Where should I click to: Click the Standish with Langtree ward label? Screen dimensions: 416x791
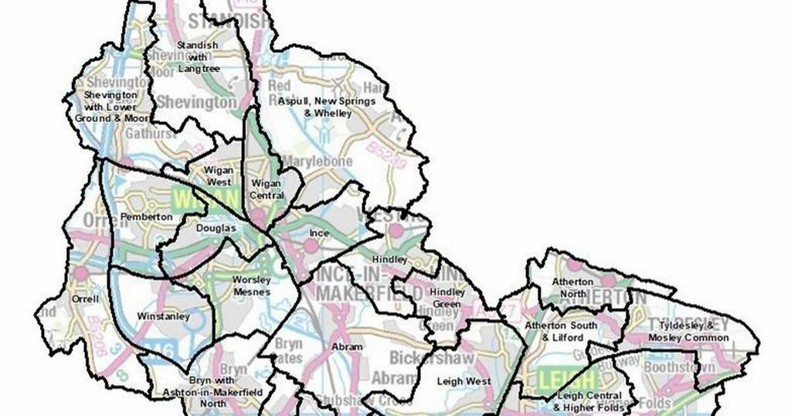(198, 57)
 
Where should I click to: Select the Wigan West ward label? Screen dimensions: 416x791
(218, 176)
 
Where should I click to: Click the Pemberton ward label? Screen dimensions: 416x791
(147, 217)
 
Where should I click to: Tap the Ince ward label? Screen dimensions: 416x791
(319, 233)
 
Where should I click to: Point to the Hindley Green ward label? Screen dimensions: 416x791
(448, 298)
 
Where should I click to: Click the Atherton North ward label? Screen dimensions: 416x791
(572, 288)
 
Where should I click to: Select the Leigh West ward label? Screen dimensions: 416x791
(463, 380)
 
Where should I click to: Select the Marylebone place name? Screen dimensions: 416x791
(317, 161)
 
